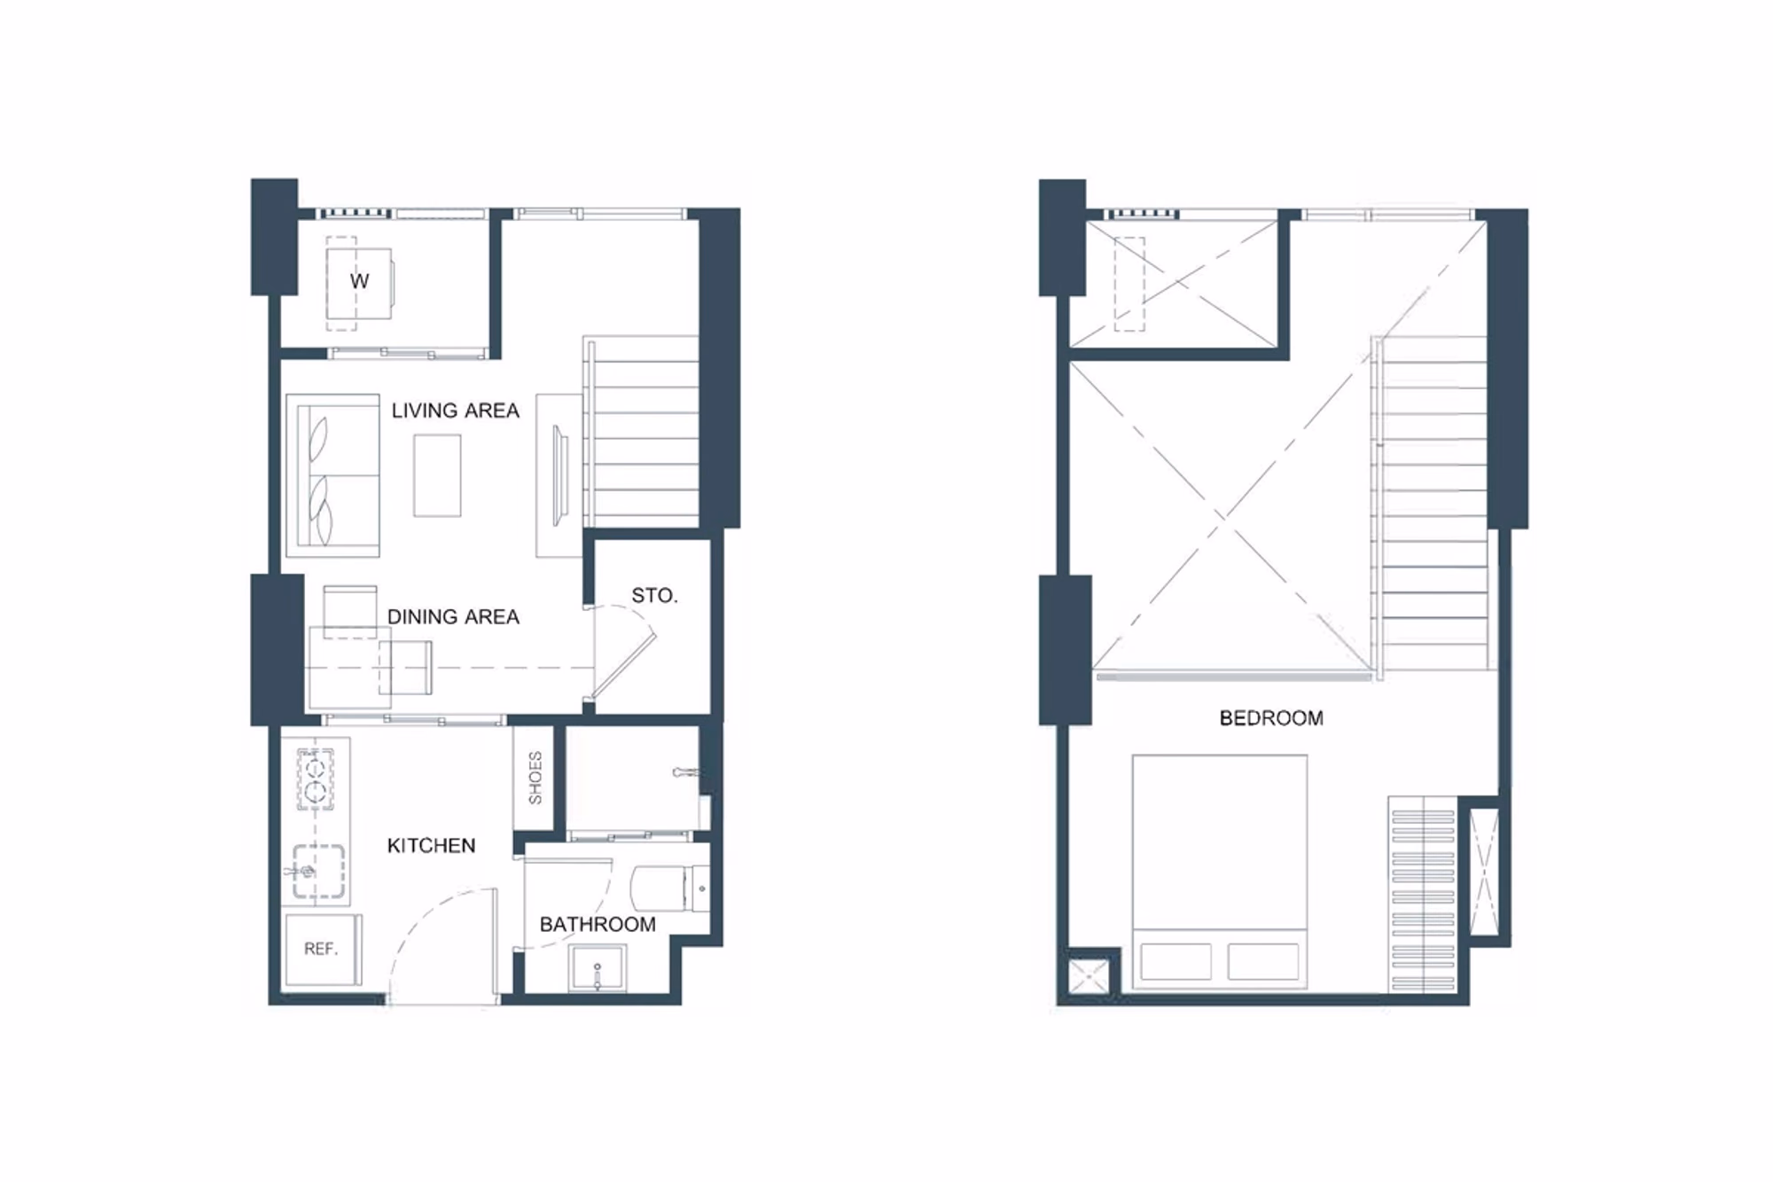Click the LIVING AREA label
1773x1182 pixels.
coord(455,411)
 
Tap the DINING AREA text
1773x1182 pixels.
coord(453,617)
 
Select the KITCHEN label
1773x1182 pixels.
coord(431,846)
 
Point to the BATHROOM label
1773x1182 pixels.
coord(598,925)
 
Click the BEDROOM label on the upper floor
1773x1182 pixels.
coord(1271,718)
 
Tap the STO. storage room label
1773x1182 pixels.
coord(654,596)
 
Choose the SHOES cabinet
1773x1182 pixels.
coord(535,778)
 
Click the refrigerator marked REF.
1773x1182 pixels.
coord(322,950)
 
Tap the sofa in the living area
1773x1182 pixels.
coord(333,475)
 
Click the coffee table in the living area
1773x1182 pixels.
coord(437,475)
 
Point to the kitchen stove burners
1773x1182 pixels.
coord(316,779)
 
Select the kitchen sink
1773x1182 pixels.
coord(318,871)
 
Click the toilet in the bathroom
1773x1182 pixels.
coord(670,888)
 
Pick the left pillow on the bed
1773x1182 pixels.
coord(1175,962)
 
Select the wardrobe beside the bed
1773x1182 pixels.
coord(1423,894)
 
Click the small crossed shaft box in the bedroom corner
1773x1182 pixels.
coord(1089,975)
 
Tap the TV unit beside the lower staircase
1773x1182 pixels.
coord(559,476)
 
